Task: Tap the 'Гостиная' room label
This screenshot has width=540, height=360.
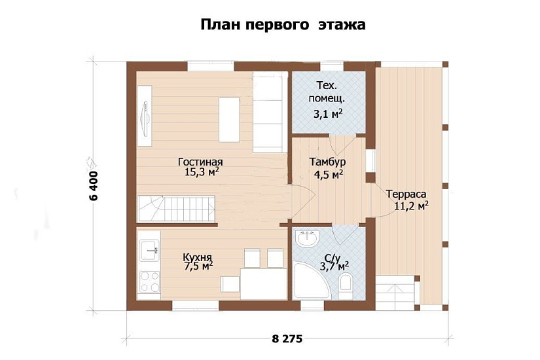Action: coord(201,162)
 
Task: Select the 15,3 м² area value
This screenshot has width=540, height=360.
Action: coord(201,173)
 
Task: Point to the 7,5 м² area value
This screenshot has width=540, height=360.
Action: coord(199,266)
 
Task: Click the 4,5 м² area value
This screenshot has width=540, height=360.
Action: coord(329,174)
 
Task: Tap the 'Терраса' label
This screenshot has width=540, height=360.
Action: coord(406,194)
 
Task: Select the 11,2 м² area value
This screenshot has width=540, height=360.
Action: coord(411,206)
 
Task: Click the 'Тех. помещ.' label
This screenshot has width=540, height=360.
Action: coord(327,92)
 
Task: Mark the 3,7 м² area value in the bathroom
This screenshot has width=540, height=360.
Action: coord(334,266)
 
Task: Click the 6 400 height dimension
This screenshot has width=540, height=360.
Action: coord(93,185)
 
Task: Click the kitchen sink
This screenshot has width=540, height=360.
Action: coord(150,247)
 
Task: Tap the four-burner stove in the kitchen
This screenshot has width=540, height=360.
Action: coord(150,281)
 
